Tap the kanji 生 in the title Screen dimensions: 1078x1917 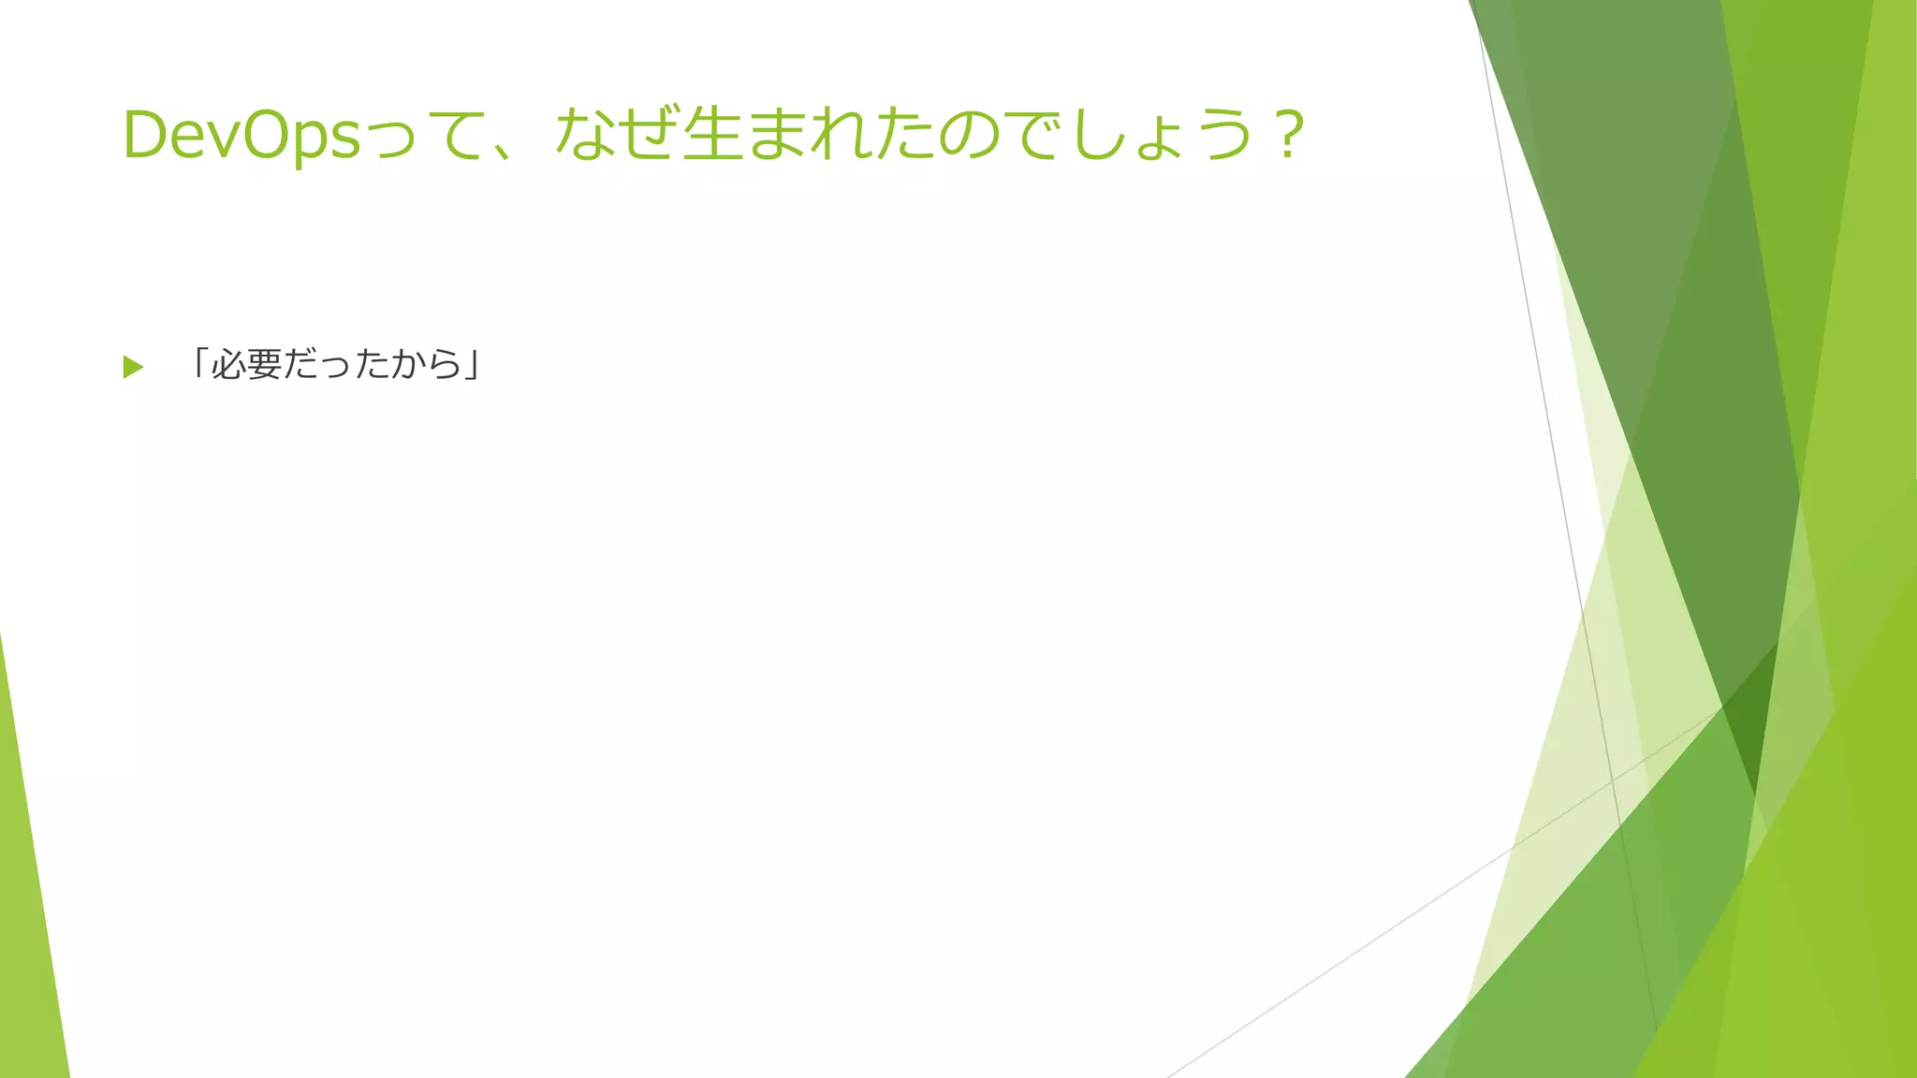(x=713, y=134)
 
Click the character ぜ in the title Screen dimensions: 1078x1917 (x=649, y=134)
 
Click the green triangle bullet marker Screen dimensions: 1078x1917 (x=133, y=367)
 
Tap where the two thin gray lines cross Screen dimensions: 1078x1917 (x=1612, y=779)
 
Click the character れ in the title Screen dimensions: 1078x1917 (x=841, y=134)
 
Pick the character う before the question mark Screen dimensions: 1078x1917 (x=1224, y=134)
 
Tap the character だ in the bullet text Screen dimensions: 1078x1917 (x=300, y=364)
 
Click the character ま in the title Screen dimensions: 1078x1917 (x=777, y=134)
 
